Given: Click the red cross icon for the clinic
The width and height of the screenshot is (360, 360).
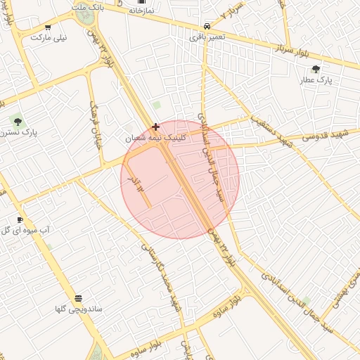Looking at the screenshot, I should pyautogui.click(x=155, y=127).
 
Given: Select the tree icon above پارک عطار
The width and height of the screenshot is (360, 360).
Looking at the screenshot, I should pyautogui.click(x=316, y=69).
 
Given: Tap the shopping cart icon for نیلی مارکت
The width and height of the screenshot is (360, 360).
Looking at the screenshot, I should pyautogui.click(x=48, y=27).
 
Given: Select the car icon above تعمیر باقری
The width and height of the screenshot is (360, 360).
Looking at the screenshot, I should pyautogui.click(x=206, y=25).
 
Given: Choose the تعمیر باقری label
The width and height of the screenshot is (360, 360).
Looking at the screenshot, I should pyautogui.click(x=207, y=36).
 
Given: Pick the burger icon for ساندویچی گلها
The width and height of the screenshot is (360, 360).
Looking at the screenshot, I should pyautogui.click(x=78, y=298).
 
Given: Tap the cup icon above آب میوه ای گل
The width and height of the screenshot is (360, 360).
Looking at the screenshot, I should pyautogui.click(x=20, y=219).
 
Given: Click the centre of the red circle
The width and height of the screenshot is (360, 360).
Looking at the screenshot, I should pyautogui.click(x=180, y=179).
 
